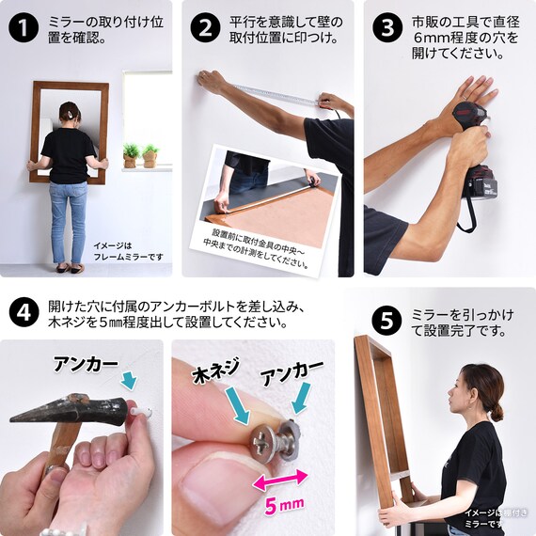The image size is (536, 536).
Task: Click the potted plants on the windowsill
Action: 140,155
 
